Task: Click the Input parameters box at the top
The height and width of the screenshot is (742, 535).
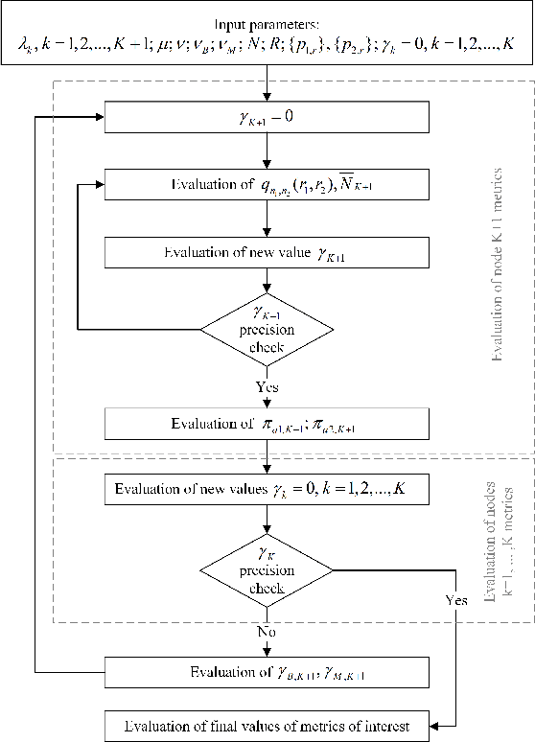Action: point(268,38)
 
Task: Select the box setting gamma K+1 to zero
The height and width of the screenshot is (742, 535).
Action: point(268,119)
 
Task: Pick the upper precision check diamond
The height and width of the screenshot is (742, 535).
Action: point(268,328)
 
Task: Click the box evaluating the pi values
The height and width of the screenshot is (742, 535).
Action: point(268,423)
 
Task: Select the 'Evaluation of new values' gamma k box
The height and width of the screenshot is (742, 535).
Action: point(268,491)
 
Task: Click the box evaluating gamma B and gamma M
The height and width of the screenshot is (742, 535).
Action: point(268,674)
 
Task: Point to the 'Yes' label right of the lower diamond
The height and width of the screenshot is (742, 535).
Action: point(457,600)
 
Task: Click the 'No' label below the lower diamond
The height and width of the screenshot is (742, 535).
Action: point(268,634)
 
